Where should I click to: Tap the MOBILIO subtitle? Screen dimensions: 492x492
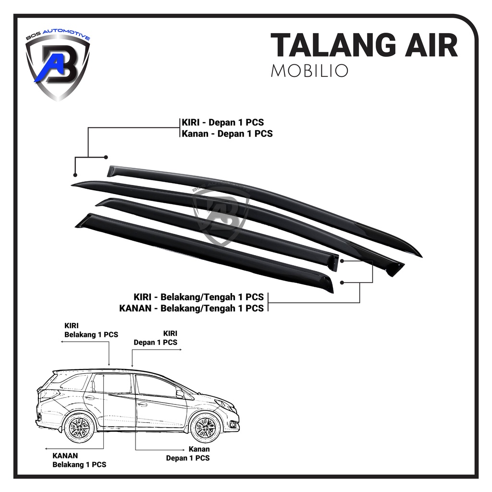[x=309, y=70]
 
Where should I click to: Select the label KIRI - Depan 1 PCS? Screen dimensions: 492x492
[x=223, y=123]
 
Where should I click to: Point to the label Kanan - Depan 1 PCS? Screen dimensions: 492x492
[x=227, y=134]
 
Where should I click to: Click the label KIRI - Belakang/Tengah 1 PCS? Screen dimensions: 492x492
[x=198, y=297]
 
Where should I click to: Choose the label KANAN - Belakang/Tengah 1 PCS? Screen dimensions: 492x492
[x=191, y=308]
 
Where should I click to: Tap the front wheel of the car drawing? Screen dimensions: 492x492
[x=206, y=427]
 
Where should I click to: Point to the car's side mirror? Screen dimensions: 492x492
[x=180, y=394]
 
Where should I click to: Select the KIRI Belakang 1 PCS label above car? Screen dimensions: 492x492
[x=91, y=330]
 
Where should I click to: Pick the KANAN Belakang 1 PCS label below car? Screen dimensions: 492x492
[x=79, y=460]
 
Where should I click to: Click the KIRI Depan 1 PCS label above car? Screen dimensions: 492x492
[x=155, y=338]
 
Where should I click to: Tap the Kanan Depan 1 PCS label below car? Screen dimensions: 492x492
[x=188, y=454]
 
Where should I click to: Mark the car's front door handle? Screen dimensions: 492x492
[x=143, y=405]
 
